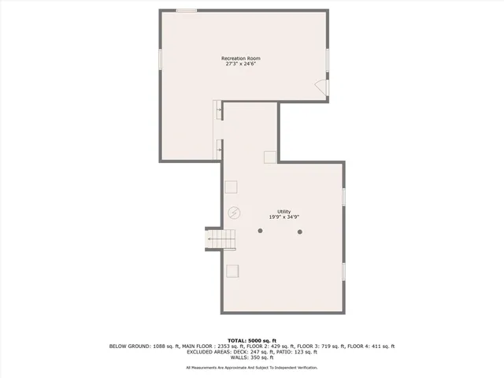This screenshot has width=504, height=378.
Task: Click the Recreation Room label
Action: point(242,58)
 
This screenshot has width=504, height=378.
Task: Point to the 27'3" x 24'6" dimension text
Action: point(242,64)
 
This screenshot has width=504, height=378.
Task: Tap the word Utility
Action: point(284,210)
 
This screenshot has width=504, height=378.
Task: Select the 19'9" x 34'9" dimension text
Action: point(284,217)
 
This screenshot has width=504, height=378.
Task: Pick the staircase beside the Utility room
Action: point(221,238)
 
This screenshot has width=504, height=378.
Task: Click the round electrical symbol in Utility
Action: point(234,213)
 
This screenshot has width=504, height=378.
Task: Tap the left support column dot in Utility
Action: point(260,231)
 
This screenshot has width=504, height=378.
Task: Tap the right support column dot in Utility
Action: point(300,231)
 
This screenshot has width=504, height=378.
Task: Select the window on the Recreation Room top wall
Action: point(187,10)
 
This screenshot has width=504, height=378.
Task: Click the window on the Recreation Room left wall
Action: point(161,60)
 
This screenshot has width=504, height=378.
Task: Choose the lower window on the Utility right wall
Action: point(344,271)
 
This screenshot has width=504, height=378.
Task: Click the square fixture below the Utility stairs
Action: point(232,271)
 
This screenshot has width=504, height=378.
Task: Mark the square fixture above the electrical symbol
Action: point(232,187)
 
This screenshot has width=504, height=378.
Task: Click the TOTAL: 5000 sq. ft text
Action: point(252,339)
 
